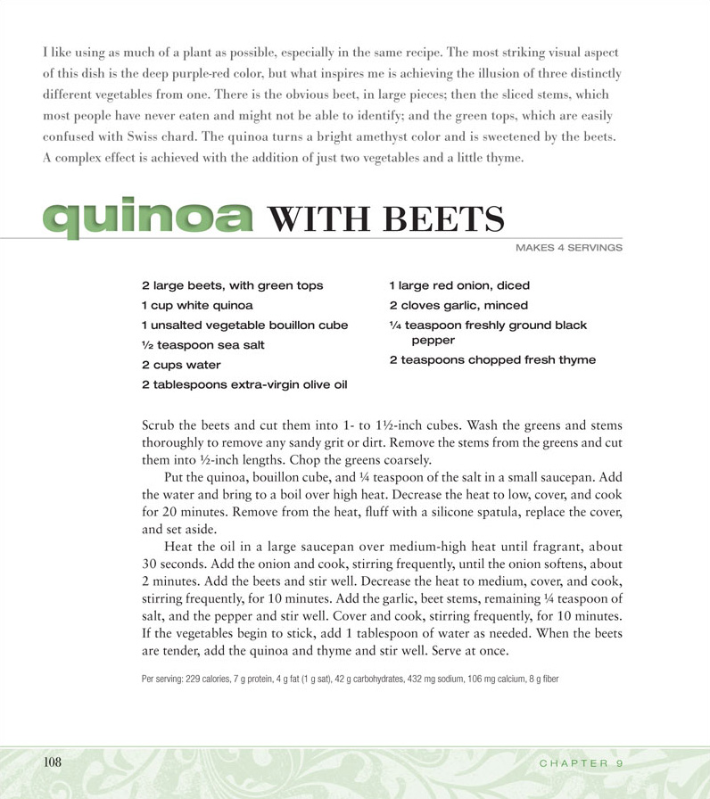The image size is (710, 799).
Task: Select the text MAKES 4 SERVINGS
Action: click(568, 247)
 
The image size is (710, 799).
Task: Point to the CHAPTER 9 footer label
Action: click(581, 763)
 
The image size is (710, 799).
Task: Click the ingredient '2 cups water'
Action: click(181, 365)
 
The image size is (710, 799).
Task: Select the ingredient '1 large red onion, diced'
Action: click(459, 285)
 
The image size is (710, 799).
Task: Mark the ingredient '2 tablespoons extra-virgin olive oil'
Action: click(244, 384)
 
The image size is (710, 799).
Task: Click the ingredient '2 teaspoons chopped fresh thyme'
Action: click(492, 360)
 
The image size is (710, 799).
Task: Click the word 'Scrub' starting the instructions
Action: click(160, 424)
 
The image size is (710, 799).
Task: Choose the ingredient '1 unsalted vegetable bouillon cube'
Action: click(245, 325)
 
